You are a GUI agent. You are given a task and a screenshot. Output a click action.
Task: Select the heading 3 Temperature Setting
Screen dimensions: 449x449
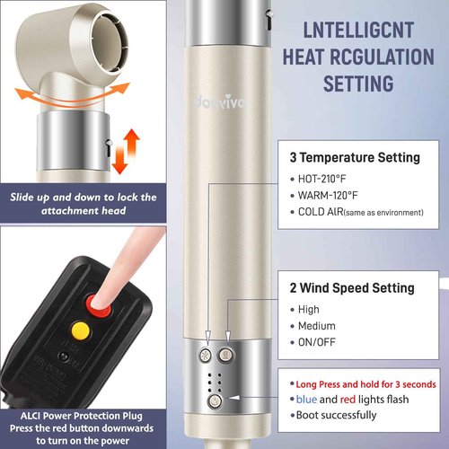pyautogui.click(x=355, y=157)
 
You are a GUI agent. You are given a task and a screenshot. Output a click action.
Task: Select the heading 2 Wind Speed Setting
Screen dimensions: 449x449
pyautogui.click(x=352, y=288)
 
